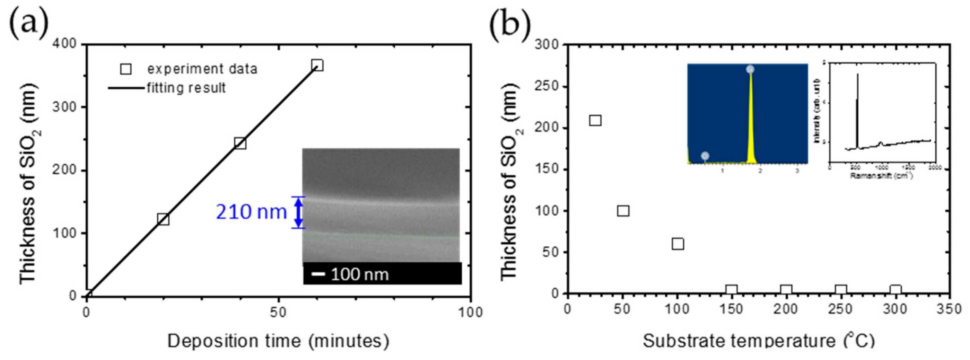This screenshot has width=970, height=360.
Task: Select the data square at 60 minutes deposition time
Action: (x=317, y=65)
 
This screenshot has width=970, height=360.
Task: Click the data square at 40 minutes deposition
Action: (x=240, y=143)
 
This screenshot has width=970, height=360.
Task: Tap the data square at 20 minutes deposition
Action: (x=163, y=219)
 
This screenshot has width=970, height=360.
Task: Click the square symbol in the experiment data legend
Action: (x=126, y=69)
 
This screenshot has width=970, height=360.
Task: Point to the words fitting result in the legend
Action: (x=186, y=88)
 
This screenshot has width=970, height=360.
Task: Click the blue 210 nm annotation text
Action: (x=251, y=212)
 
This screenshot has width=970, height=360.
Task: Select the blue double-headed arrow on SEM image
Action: (x=298, y=212)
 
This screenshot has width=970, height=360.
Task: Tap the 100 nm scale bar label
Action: (x=360, y=274)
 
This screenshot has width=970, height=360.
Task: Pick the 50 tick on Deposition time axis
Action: (x=278, y=312)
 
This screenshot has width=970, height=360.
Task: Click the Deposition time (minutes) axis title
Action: (x=278, y=341)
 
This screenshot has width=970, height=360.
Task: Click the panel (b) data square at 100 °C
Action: (x=678, y=244)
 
